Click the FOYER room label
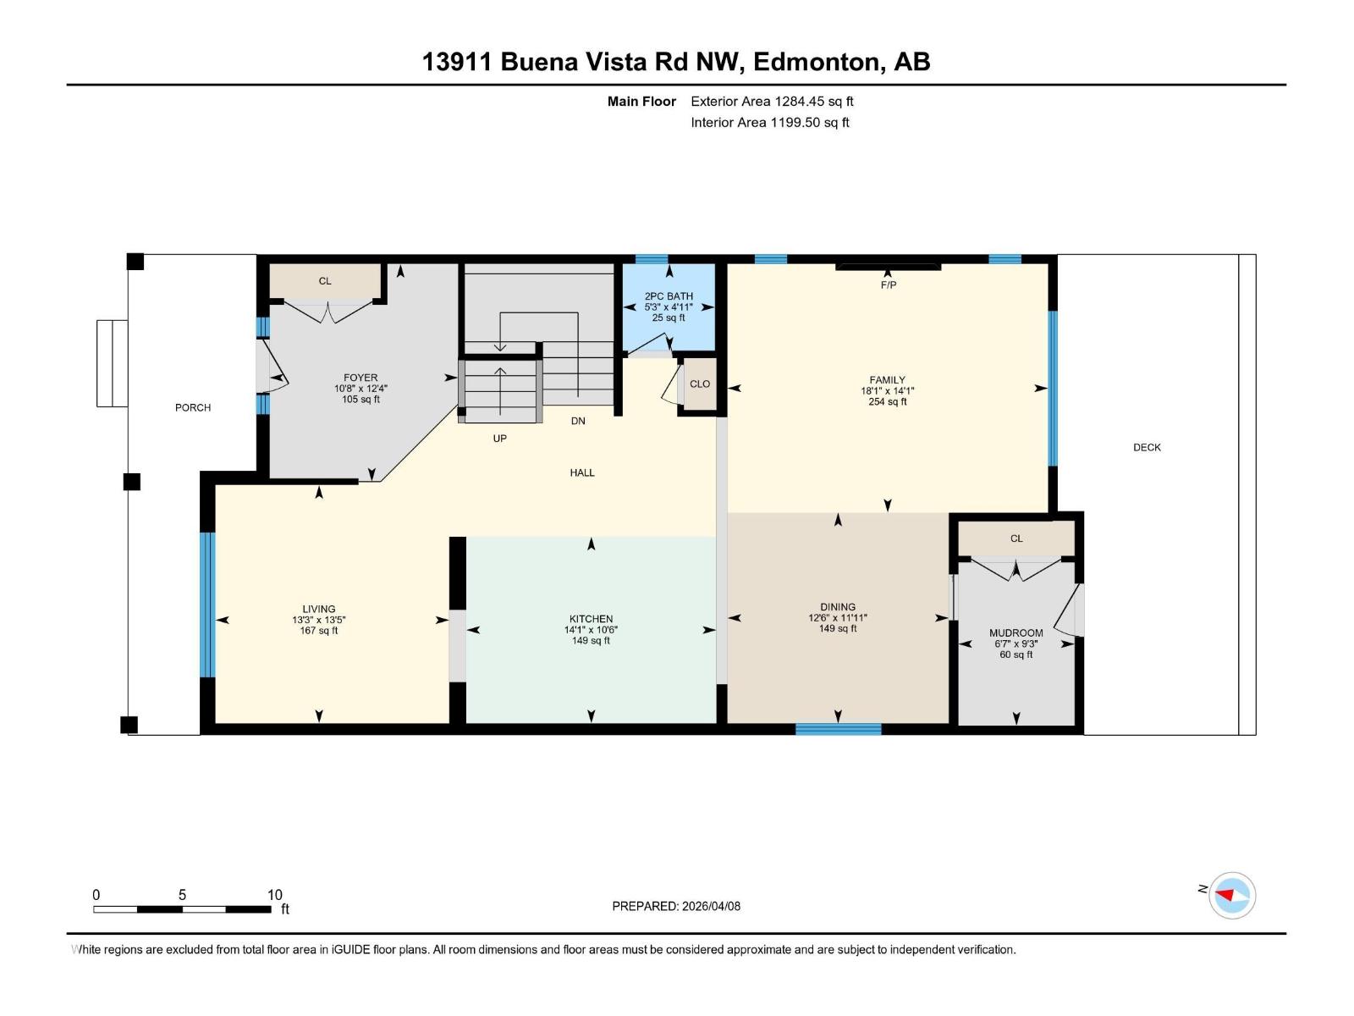361,378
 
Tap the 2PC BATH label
669,296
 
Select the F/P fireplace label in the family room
888,285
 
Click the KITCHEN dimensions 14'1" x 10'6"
591,630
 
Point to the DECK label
1147,447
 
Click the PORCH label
193,407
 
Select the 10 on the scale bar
274,895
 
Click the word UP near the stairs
500,439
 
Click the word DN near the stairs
578,421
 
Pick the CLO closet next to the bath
700,384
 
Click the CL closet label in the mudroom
1016,538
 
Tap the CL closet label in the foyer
325,281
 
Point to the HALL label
582,472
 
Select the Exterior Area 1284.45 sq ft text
772,101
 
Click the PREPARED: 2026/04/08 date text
676,906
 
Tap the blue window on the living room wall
207,605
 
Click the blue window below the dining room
838,729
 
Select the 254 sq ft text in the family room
887,402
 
